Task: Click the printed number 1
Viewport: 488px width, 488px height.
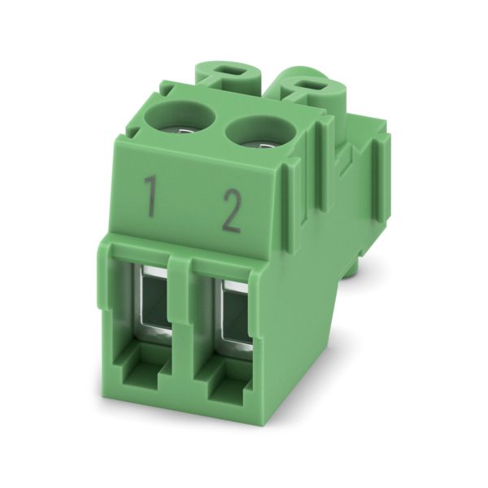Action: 151,196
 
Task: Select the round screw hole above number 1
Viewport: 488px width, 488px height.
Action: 181,116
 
